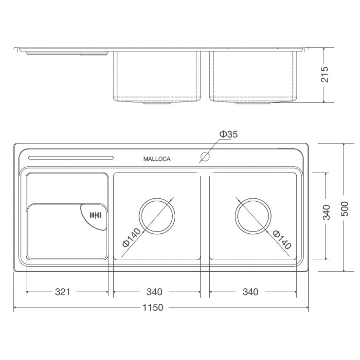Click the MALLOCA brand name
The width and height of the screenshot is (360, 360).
click(157, 159)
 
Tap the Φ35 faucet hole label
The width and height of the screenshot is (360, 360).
click(228, 134)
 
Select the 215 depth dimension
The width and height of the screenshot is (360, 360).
click(325, 74)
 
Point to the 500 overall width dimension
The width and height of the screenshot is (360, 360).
click(344, 209)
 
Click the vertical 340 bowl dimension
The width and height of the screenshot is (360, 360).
click(326, 212)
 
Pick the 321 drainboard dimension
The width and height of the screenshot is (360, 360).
click(62, 292)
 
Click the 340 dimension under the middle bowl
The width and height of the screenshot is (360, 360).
click(154, 292)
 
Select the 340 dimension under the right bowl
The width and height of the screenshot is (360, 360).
click(250, 292)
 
